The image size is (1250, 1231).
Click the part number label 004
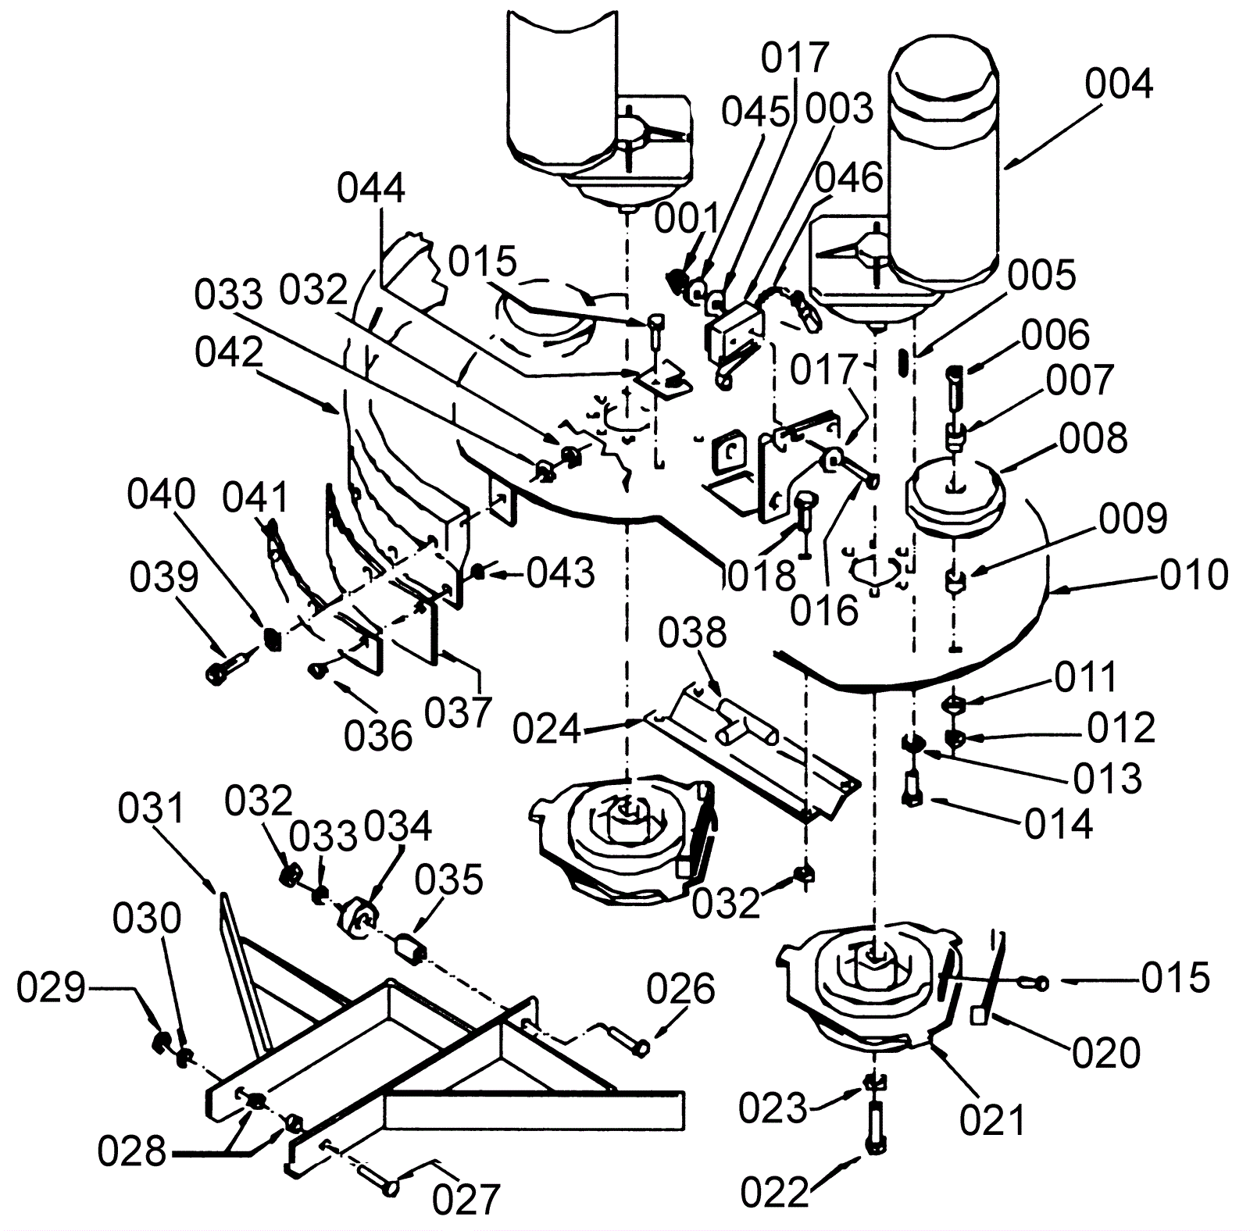point(1119,84)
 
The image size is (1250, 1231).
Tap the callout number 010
point(1194,575)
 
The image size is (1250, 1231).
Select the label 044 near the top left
point(371,189)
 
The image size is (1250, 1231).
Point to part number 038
point(692,633)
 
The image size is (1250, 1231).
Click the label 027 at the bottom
point(466,1199)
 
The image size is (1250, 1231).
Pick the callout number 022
point(774,1193)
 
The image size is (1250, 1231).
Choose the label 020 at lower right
point(1106,1053)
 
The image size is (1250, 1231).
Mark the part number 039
point(164,577)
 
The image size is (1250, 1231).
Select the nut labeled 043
point(476,573)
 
